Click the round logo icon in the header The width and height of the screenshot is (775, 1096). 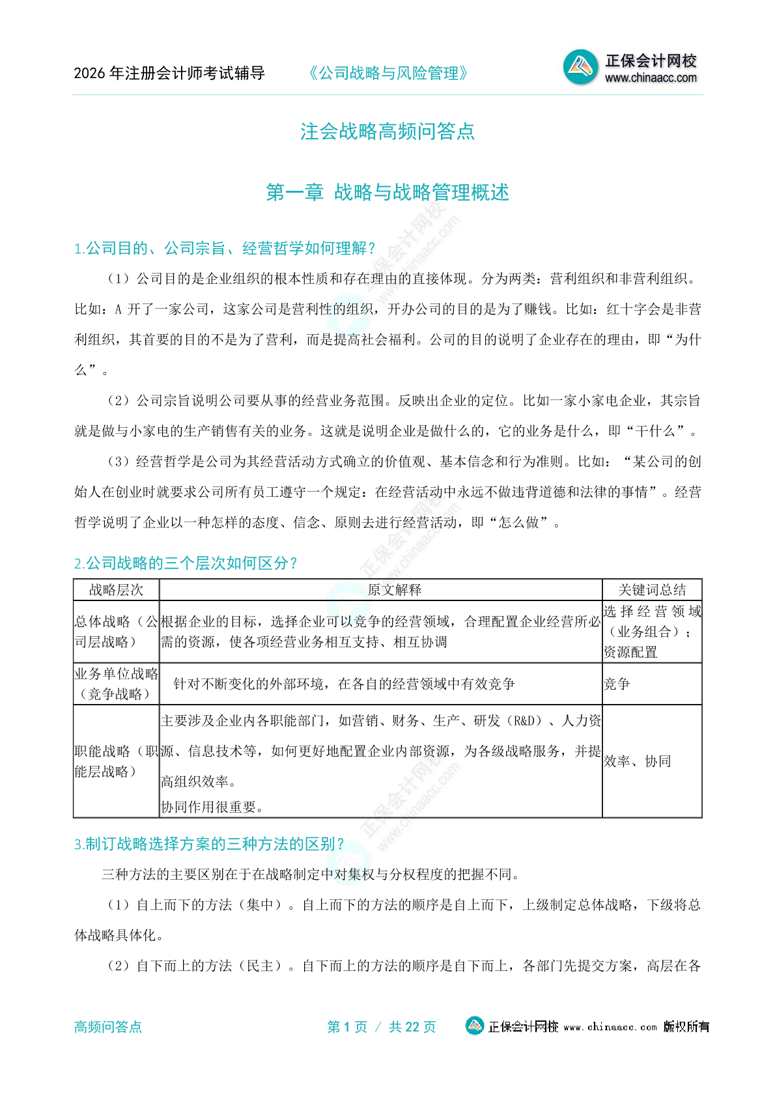coord(580,67)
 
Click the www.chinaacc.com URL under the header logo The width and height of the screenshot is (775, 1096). coord(650,79)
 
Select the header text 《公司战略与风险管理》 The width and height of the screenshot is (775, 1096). coord(388,73)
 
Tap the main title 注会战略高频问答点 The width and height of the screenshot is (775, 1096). coord(387,132)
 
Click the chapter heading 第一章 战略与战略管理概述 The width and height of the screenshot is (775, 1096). coord(387,192)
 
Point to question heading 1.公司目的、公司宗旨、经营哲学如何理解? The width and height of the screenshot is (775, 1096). coord(225,248)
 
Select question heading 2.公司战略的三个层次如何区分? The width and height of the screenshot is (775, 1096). coord(186,563)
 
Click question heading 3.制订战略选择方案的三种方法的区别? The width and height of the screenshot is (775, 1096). coord(208,844)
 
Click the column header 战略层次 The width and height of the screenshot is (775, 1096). coord(116,590)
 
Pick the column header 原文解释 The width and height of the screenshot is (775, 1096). coord(395,590)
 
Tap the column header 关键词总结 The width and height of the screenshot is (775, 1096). coord(652,590)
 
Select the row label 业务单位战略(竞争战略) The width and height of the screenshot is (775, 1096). coord(116,684)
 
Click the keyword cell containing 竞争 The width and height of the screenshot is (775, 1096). coord(617,684)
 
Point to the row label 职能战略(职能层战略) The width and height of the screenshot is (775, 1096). coord(116,761)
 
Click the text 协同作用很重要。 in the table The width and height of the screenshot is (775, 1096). coord(212,807)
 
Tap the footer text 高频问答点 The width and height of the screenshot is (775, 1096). coord(107,1027)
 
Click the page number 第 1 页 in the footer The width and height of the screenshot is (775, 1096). coord(347,1027)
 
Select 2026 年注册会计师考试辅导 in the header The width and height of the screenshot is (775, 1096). coord(169,73)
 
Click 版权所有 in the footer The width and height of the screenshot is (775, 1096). coord(686,1026)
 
